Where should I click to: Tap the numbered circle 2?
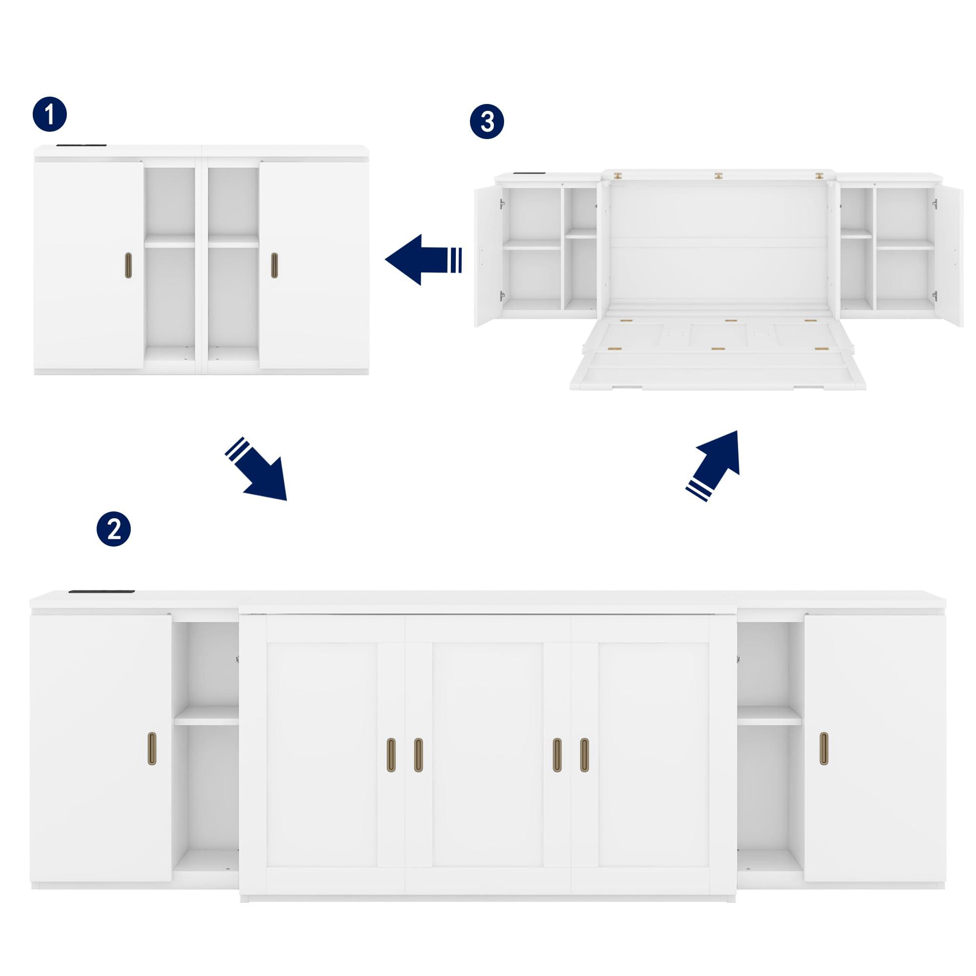coord(114,529)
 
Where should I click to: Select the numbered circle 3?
coord(487,122)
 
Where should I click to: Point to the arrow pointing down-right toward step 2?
coord(258,469)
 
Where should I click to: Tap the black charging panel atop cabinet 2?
coord(101,591)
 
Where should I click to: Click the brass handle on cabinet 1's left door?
coord(128,264)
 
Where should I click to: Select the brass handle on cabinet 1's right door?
coord(274,264)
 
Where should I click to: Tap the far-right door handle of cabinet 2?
coord(823,748)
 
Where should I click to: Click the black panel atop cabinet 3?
coord(529,175)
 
